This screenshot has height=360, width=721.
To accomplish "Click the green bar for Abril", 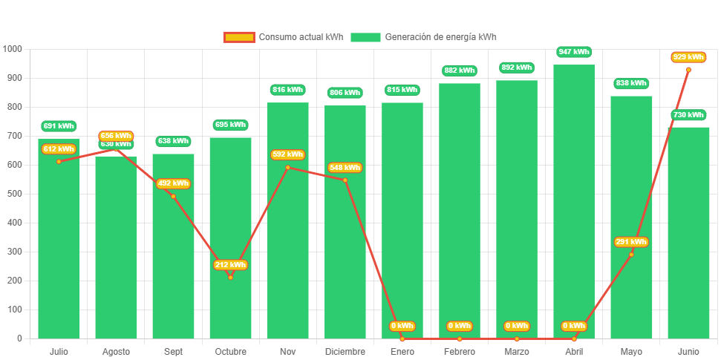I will pyautogui.click(x=574, y=200).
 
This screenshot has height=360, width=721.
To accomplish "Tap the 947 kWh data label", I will pyautogui.click(x=574, y=52).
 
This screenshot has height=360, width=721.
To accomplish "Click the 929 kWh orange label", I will pyautogui.click(x=688, y=57).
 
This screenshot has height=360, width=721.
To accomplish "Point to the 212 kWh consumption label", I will pyautogui.click(x=230, y=265).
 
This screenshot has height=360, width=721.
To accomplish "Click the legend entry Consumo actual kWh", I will pyautogui.click(x=283, y=37).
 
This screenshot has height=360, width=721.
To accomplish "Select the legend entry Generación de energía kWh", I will pyautogui.click(x=424, y=37).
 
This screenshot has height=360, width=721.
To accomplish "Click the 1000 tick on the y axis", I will pyautogui.click(x=13, y=49).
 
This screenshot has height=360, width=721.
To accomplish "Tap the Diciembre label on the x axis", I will pyautogui.click(x=345, y=351).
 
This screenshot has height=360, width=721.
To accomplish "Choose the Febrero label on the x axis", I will pyautogui.click(x=459, y=351).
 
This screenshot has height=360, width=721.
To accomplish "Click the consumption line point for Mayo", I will pyautogui.click(x=631, y=255).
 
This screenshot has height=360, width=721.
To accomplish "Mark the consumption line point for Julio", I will pyautogui.click(x=59, y=161).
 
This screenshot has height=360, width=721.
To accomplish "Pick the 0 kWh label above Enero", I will pyautogui.click(x=402, y=326).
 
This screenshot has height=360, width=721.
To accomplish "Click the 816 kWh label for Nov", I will pyautogui.click(x=287, y=90).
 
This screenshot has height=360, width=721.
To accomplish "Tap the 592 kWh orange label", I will pyautogui.click(x=287, y=154).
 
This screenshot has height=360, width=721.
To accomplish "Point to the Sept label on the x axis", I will pyautogui.click(x=173, y=351).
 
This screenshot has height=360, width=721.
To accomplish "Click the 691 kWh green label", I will pyautogui.click(x=59, y=126).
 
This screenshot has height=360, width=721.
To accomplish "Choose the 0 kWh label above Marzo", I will pyautogui.click(x=517, y=326).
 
